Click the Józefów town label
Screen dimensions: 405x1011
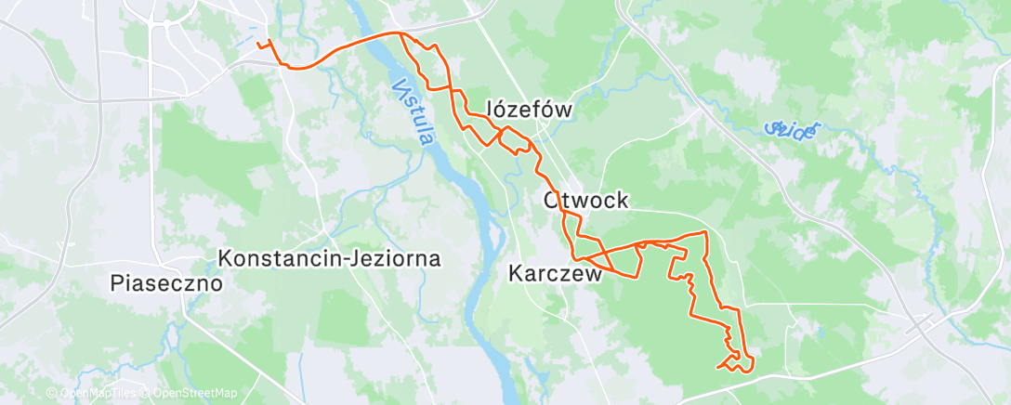(x=530, y=110)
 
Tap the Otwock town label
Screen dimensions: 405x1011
(x=586, y=200)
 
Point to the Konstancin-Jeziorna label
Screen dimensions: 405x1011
(x=329, y=258)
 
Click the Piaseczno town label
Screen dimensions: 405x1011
(x=166, y=282)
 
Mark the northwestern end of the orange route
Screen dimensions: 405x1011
(x=256, y=43)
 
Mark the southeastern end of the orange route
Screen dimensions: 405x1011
(x=718, y=367)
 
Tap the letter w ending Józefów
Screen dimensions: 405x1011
(x=562, y=110)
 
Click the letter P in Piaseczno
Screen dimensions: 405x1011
(x=116, y=282)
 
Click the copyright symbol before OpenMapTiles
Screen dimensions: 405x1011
(x=51, y=394)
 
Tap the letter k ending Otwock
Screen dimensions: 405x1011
(x=623, y=200)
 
